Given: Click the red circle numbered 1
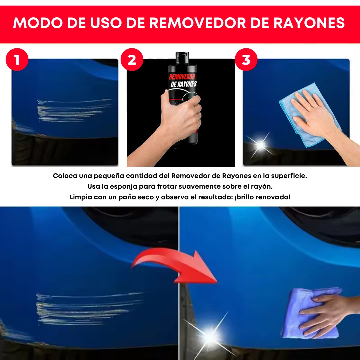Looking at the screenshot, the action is [17, 60].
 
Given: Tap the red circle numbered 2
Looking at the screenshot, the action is [132, 60].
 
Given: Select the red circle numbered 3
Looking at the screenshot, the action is [246, 60].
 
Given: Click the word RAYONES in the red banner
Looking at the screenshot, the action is [309, 23].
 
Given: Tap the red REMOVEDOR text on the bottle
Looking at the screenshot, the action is [182, 77].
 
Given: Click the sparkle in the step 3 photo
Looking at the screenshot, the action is [260, 145].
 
